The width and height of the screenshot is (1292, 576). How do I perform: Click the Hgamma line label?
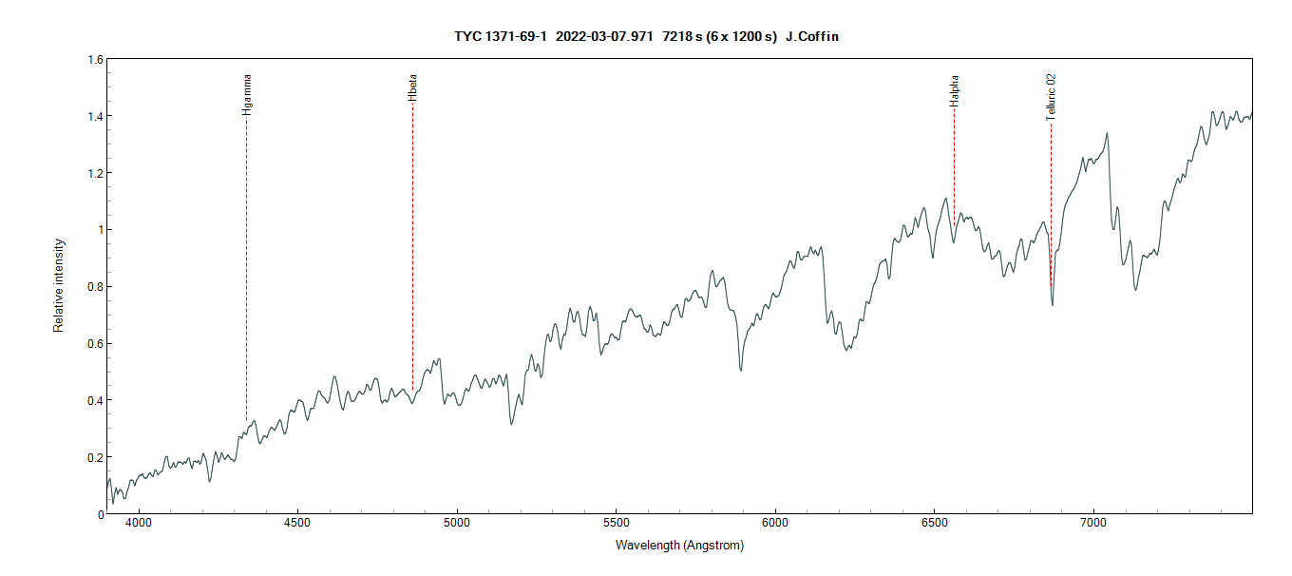click(x=247, y=94)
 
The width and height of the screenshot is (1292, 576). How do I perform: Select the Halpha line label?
click(x=954, y=90)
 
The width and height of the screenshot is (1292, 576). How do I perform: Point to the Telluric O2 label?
click(x=1051, y=98)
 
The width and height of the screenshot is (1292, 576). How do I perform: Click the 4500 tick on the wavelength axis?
click(x=297, y=523)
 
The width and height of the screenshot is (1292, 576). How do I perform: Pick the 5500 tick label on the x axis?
click(x=616, y=523)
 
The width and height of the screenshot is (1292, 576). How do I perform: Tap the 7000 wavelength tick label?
click(x=1093, y=523)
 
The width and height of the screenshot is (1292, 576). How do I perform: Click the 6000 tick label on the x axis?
click(x=775, y=523)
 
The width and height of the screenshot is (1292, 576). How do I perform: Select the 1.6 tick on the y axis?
click(x=95, y=60)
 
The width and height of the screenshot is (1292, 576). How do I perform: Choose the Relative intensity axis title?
click(x=59, y=286)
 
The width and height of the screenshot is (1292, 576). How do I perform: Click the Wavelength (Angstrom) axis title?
click(x=679, y=546)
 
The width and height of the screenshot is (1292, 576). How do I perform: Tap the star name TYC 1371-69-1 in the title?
click(x=500, y=36)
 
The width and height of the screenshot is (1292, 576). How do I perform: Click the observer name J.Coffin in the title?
click(x=812, y=36)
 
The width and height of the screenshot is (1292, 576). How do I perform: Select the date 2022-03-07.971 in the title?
click(x=604, y=36)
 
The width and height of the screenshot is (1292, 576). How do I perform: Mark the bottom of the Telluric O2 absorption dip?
click(x=1052, y=304)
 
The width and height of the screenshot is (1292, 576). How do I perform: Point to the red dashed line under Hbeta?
click(x=412, y=247)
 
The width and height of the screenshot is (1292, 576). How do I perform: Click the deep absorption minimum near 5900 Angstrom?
click(x=741, y=369)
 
